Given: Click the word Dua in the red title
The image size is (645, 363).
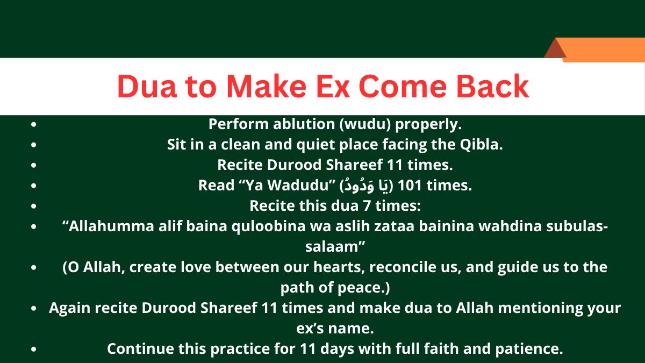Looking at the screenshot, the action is [x=147, y=87].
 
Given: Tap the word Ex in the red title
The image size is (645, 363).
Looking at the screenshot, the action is [x=333, y=87].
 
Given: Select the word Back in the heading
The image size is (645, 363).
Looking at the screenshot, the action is [x=493, y=87].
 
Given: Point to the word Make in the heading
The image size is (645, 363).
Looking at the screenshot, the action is [x=267, y=87].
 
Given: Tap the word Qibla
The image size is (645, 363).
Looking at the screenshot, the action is [x=481, y=145].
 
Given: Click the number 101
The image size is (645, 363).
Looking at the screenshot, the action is [x=410, y=186].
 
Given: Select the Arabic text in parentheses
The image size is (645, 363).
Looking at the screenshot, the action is [x=366, y=186].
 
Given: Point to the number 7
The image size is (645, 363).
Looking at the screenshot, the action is [x=367, y=206].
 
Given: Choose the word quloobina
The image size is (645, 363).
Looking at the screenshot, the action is [x=269, y=227].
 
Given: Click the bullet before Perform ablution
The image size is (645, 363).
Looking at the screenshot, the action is [x=34, y=124].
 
